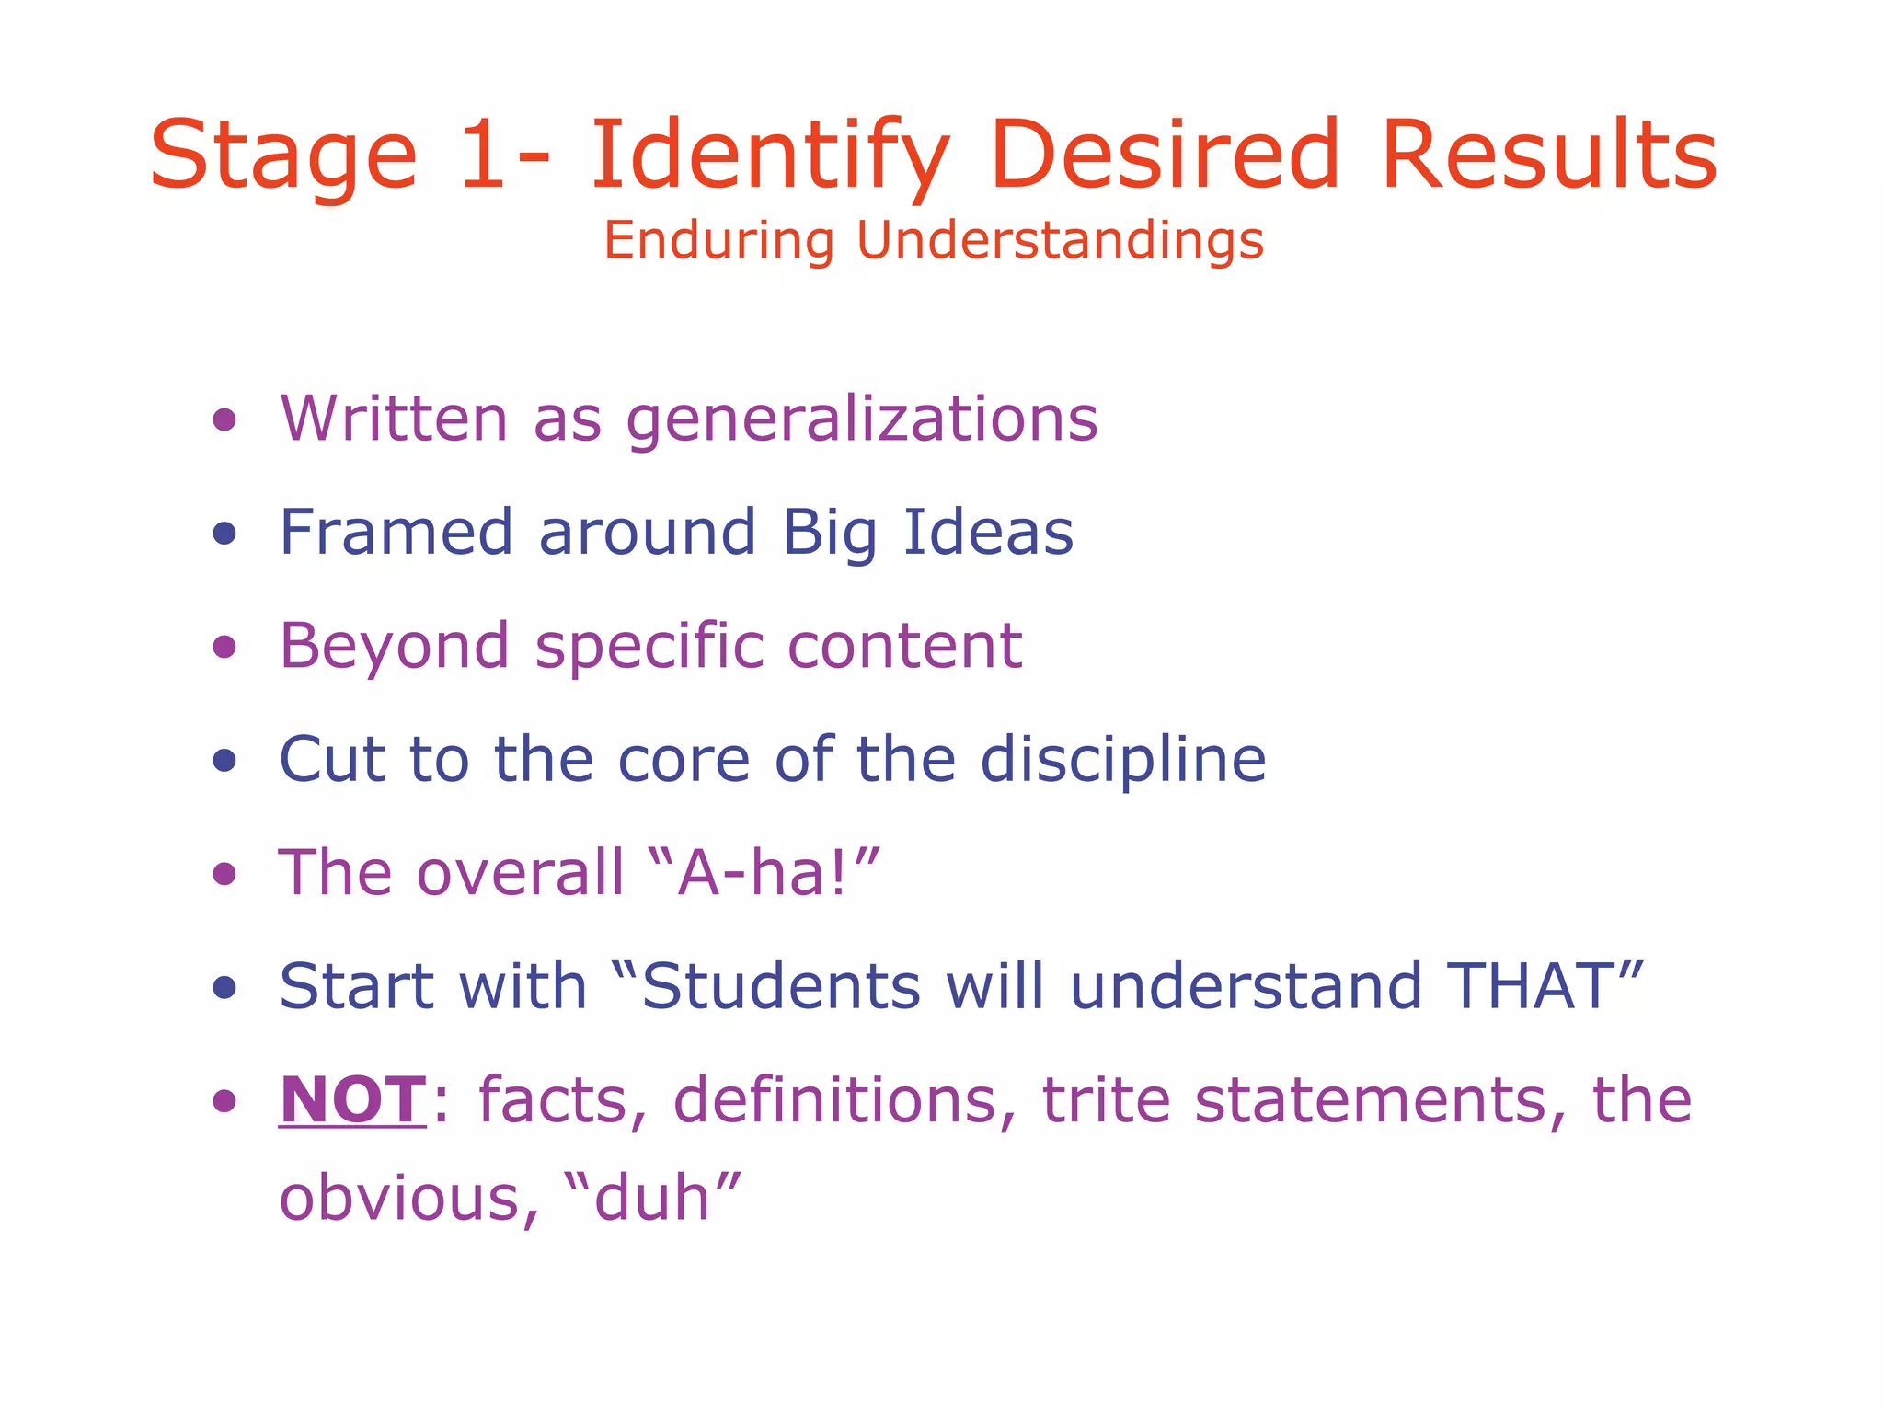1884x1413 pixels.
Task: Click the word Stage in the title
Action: pyautogui.click(x=283, y=156)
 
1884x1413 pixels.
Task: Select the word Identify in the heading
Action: pyautogui.click(x=769, y=156)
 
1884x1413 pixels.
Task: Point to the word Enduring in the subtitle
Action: pyautogui.click(x=718, y=241)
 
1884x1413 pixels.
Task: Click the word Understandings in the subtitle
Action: pyautogui.click(x=1060, y=241)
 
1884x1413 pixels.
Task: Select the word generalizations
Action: pyautogui.click(x=862, y=420)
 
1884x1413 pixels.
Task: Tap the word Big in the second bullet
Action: pyautogui.click(x=829, y=534)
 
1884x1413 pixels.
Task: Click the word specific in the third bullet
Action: pyautogui.click(x=649, y=647)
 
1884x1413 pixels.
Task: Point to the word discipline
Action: pyautogui.click(x=1122, y=761)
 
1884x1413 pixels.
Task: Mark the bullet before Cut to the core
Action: pyautogui.click(x=224, y=761)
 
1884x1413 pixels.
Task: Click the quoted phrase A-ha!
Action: pyautogui.click(x=764, y=873)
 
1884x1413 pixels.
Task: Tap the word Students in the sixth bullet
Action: pyautogui.click(x=780, y=986)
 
